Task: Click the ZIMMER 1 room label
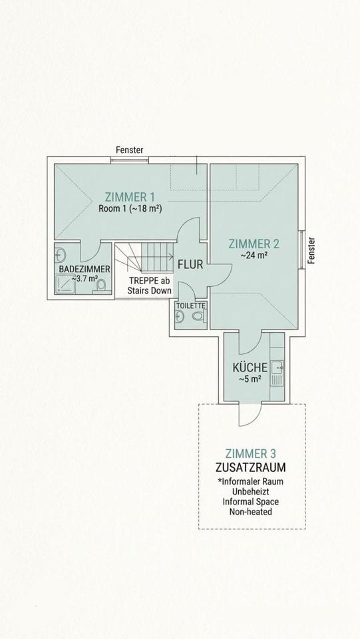coord(130,196)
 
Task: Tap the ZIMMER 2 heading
coord(254,243)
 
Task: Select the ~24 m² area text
coord(254,254)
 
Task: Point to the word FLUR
coord(190,264)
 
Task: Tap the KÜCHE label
coord(250,367)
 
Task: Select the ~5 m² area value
coord(250,379)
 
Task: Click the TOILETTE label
coord(190,306)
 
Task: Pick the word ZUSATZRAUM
coord(252,467)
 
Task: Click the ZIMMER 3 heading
coord(252,453)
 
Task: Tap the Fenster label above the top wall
coord(129,150)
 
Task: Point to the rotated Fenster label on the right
coord(311,251)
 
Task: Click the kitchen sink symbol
coord(277,367)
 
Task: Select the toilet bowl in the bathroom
coord(101,286)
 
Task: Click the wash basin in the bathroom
coord(61,254)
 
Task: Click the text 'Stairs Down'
coord(150,291)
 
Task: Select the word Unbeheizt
coord(252,491)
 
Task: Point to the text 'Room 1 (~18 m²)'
coord(130,208)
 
